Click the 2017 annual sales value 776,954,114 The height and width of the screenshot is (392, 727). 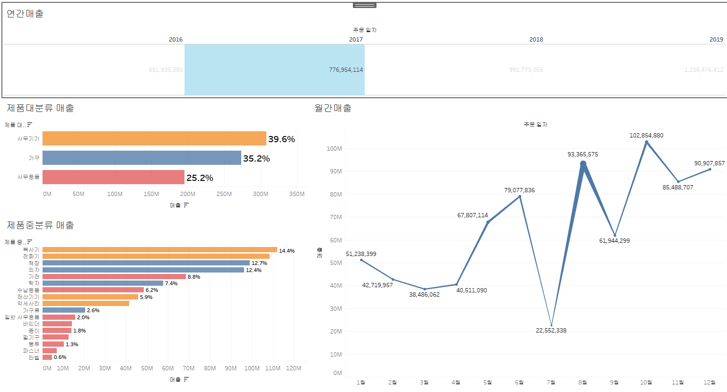[346, 70]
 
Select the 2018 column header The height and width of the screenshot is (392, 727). [536, 40]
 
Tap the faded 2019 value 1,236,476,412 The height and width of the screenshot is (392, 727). [703, 70]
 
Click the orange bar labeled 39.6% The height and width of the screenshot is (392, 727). [154, 138]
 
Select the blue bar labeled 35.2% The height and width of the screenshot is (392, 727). [142, 158]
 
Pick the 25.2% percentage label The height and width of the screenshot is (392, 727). [200, 178]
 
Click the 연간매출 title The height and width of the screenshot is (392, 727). [25, 14]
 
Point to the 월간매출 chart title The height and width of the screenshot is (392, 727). [333, 108]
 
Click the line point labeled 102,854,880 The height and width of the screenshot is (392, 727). [647, 142]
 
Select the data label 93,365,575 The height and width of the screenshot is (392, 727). [583, 154]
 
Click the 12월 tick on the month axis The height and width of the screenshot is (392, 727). [709, 382]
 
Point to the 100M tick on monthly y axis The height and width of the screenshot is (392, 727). [334, 149]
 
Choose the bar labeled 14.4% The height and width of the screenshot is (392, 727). [160, 250]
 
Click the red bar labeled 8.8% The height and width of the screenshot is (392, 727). [114, 277]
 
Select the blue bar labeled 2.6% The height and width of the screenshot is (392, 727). [64, 310]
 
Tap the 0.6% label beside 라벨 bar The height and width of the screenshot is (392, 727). [60, 358]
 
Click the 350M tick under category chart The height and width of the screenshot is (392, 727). [297, 194]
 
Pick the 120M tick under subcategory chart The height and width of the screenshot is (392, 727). [293, 368]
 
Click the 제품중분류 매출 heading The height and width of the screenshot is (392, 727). [40, 225]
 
